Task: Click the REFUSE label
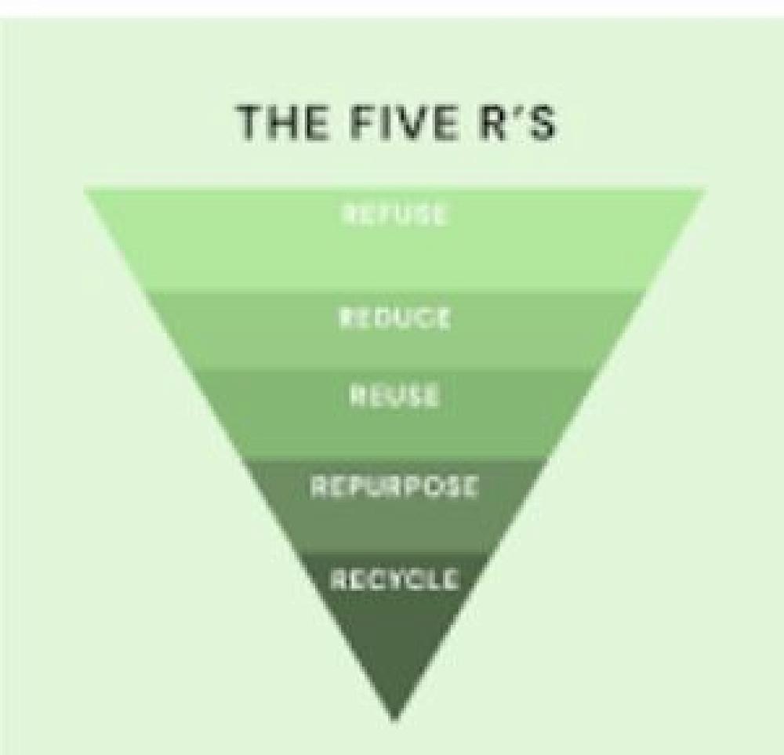[394, 214]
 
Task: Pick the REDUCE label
[394, 319]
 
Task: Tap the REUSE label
[394, 396]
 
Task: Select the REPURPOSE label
[394, 487]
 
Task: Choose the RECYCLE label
[394, 580]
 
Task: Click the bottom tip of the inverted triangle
[394, 718]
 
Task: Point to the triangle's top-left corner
[86, 190]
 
